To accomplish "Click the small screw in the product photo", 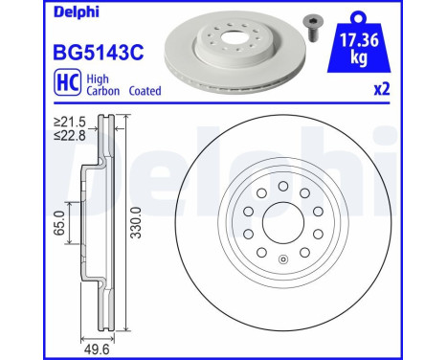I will click(x=311, y=25).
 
